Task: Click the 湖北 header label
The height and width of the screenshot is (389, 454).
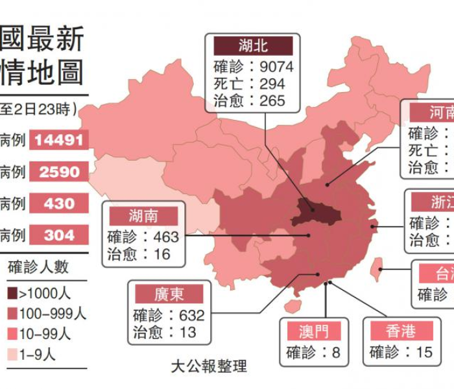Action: point(254,45)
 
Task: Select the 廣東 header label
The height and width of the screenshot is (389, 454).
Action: point(169,294)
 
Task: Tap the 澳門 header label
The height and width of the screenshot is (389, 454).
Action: point(314,332)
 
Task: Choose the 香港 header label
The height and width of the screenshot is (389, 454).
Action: point(400,332)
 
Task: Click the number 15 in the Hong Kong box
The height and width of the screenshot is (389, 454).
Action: point(424,353)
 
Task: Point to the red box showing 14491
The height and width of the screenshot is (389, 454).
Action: point(59,140)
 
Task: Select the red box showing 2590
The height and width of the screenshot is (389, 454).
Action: point(59,172)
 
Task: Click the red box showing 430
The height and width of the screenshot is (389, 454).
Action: point(59,203)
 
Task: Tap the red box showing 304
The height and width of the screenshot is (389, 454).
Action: point(59,235)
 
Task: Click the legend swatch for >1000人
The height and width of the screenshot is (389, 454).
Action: point(12,293)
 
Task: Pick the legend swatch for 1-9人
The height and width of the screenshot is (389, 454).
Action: point(12,355)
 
